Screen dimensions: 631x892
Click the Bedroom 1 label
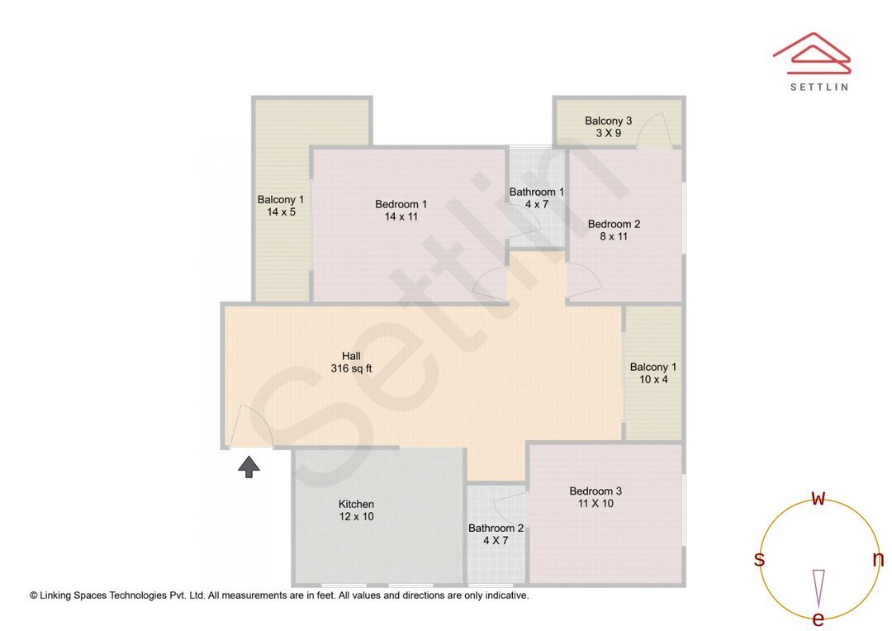[401, 204]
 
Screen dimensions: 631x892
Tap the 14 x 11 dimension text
[401, 217]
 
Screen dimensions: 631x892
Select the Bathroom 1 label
[537, 192]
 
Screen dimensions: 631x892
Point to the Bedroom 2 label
[614, 224]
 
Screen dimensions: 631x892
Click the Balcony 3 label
[608, 121]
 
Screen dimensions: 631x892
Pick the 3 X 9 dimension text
[608, 133]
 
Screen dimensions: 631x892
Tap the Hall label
[351, 356]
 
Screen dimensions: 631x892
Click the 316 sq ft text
[351, 369]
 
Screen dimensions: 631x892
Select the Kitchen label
[356, 504]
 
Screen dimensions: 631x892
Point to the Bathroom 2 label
[496, 529]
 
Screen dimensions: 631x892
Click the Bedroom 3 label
[595, 491]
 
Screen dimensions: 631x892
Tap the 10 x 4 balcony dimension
[652, 380]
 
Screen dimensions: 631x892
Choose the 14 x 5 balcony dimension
[281, 212]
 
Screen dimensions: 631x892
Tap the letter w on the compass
[818, 499]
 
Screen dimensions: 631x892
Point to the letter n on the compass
[878, 560]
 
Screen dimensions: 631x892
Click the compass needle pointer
[818, 587]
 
